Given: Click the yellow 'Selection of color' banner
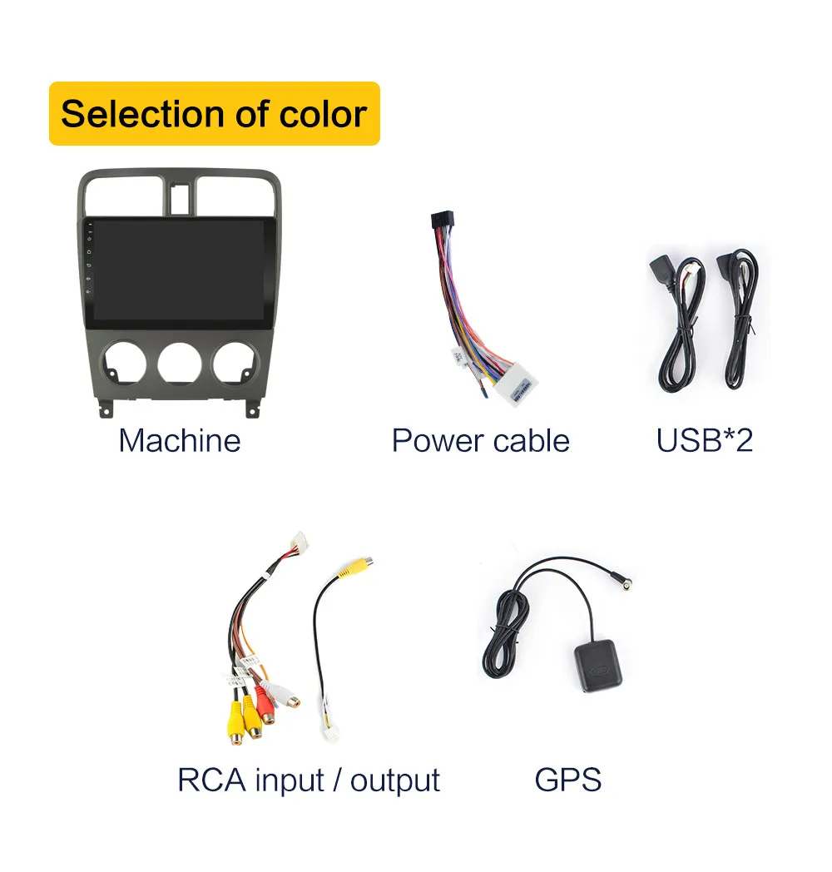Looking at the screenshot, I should click(x=214, y=114).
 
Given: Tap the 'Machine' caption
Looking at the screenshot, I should click(x=179, y=440).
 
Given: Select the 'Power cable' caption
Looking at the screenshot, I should click(x=480, y=440).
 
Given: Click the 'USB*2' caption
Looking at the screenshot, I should click(x=704, y=440).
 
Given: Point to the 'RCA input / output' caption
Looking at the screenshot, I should click(x=308, y=780).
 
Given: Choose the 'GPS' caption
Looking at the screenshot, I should click(x=567, y=780).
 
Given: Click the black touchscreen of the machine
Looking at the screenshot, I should click(x=179, y=270).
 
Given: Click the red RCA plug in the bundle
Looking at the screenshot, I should click(x=267, y=707).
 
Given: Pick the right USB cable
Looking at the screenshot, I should click(x=738, y=320).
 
